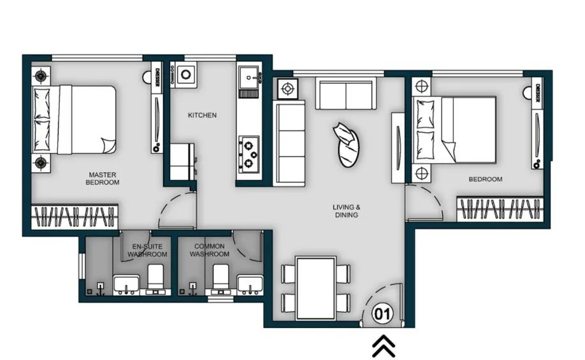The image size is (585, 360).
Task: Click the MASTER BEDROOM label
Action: tap(103, 178)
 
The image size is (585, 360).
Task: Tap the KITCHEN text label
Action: tap(202, 115)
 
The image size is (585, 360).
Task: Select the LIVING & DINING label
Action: tap(347, 211)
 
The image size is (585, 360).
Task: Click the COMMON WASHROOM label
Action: tap(210, 250)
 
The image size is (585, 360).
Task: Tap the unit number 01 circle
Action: tap(381, 313)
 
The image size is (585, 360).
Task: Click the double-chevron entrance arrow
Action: tap(384, 346)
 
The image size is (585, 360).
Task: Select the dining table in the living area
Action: tap(316, 287)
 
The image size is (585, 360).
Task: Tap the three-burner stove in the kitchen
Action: tap(249, 153)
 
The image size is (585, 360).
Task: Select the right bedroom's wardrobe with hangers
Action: tap(500, 210)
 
